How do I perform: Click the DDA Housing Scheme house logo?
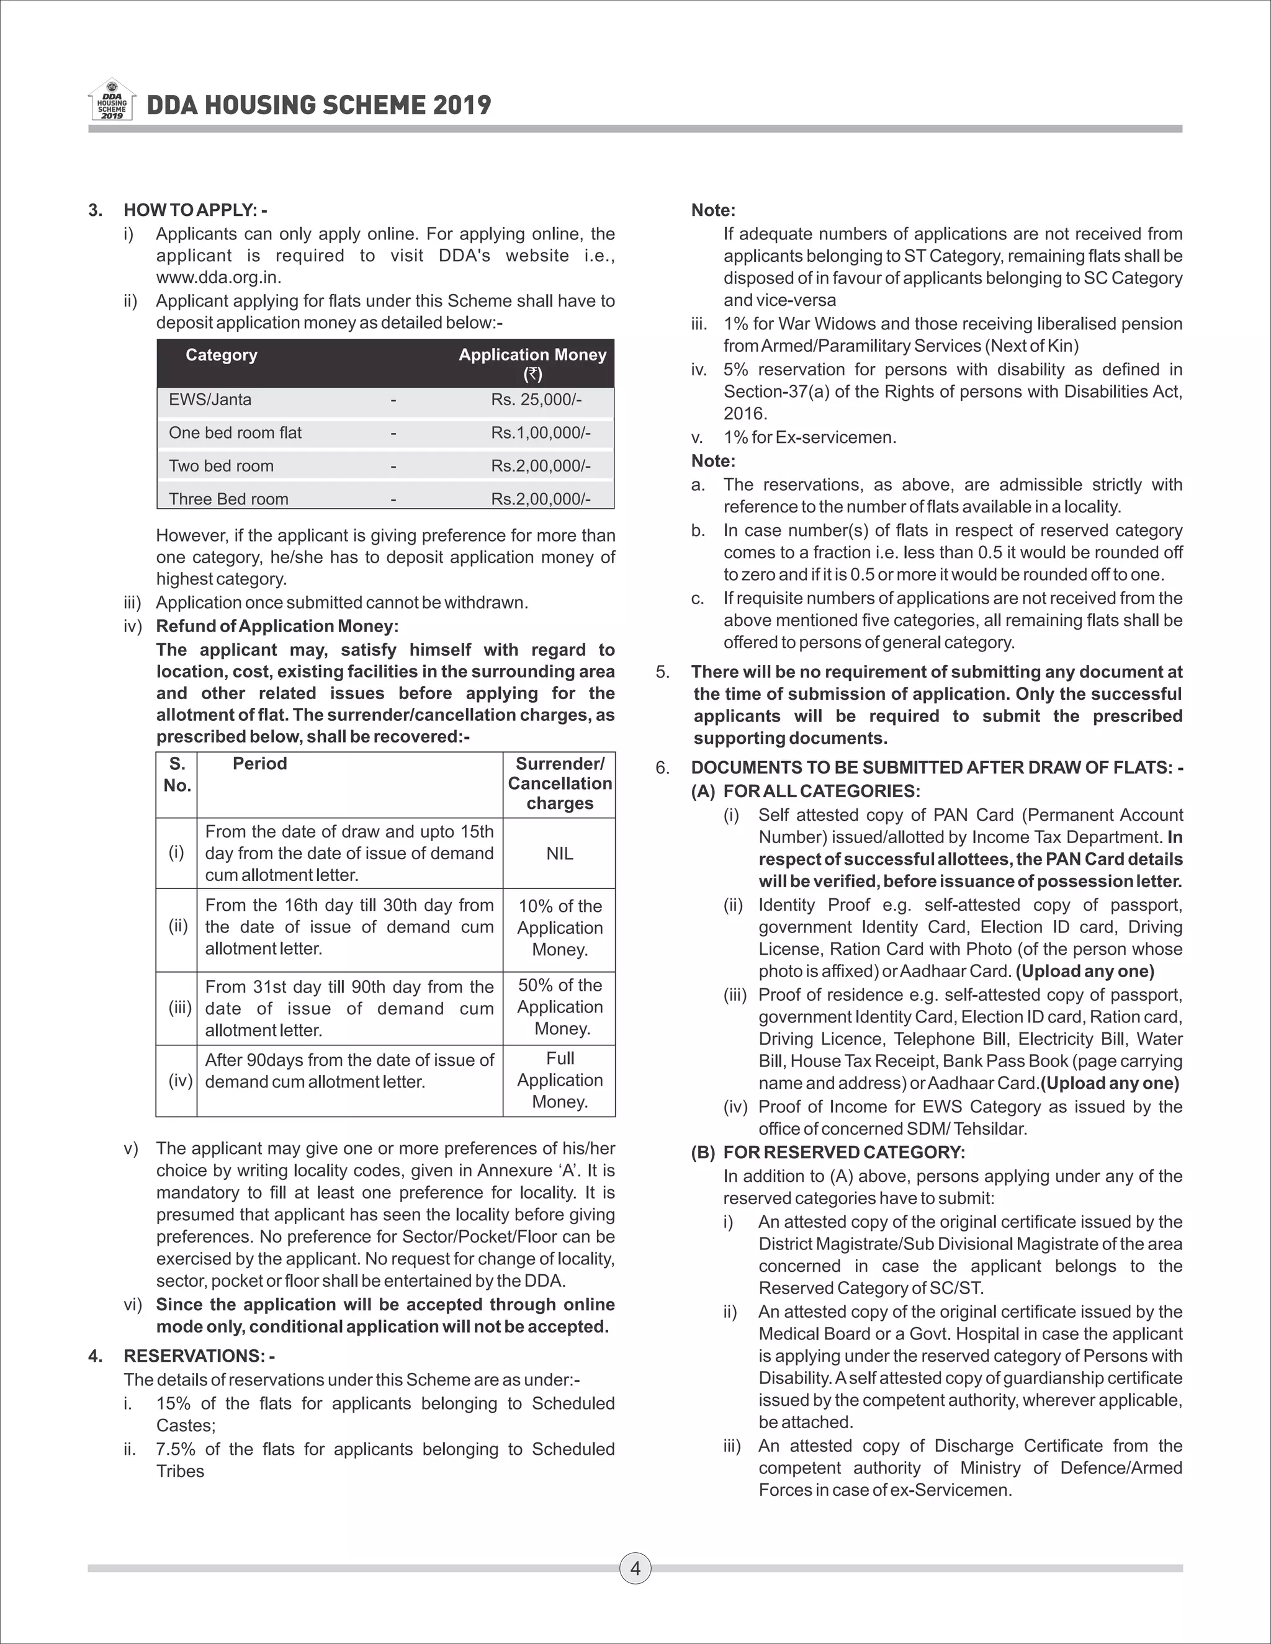[x=112, y=100]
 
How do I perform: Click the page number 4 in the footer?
[x=635, y=1568]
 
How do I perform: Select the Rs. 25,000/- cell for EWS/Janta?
[x=536, y=400]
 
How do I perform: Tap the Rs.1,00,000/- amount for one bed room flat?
[x=541, y=433]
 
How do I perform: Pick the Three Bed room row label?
[x=228, y=499]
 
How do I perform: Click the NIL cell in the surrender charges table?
[x=559, y=854]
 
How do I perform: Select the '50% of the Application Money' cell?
[x=559, y=1007]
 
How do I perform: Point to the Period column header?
[x=260, y=764]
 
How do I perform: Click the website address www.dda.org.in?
[x=218, y=277]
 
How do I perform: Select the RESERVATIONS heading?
[x=199, y=1356]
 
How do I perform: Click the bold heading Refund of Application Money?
[x=277, y=627]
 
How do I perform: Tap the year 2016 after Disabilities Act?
[x=745, y=414]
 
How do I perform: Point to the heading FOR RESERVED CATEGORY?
[x=843, y=1153]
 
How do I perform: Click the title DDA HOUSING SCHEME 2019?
[x=318, y=105]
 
